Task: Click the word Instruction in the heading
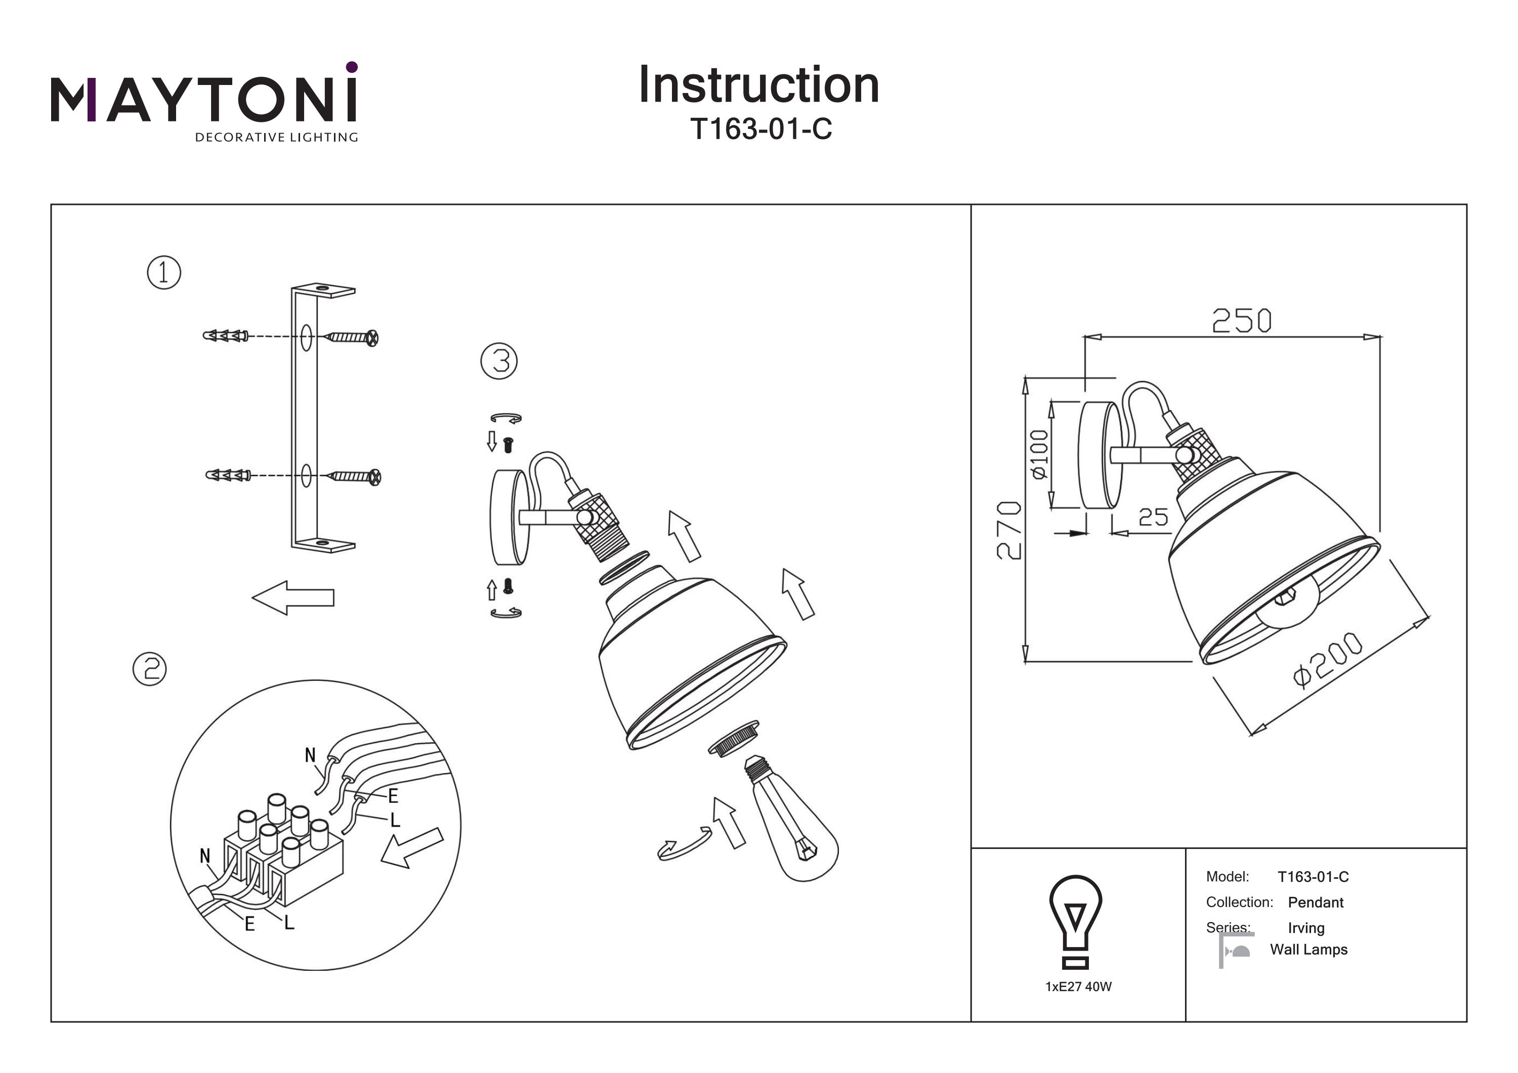(758, 85)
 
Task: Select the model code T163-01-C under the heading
(761, 129)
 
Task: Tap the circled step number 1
(164, 272)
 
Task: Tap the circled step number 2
(150, 669)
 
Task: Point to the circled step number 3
(498, 362)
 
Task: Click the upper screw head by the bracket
(372, 338)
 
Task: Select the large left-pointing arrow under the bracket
(293, 597)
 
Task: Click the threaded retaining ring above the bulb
(734, 737)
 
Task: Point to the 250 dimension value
(1242, 321)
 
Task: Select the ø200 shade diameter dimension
(1328, 660)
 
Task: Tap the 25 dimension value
(1153, 517)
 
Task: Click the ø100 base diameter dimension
(1039, 454)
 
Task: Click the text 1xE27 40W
(1078, 986)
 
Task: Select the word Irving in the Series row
(1306, 927)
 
